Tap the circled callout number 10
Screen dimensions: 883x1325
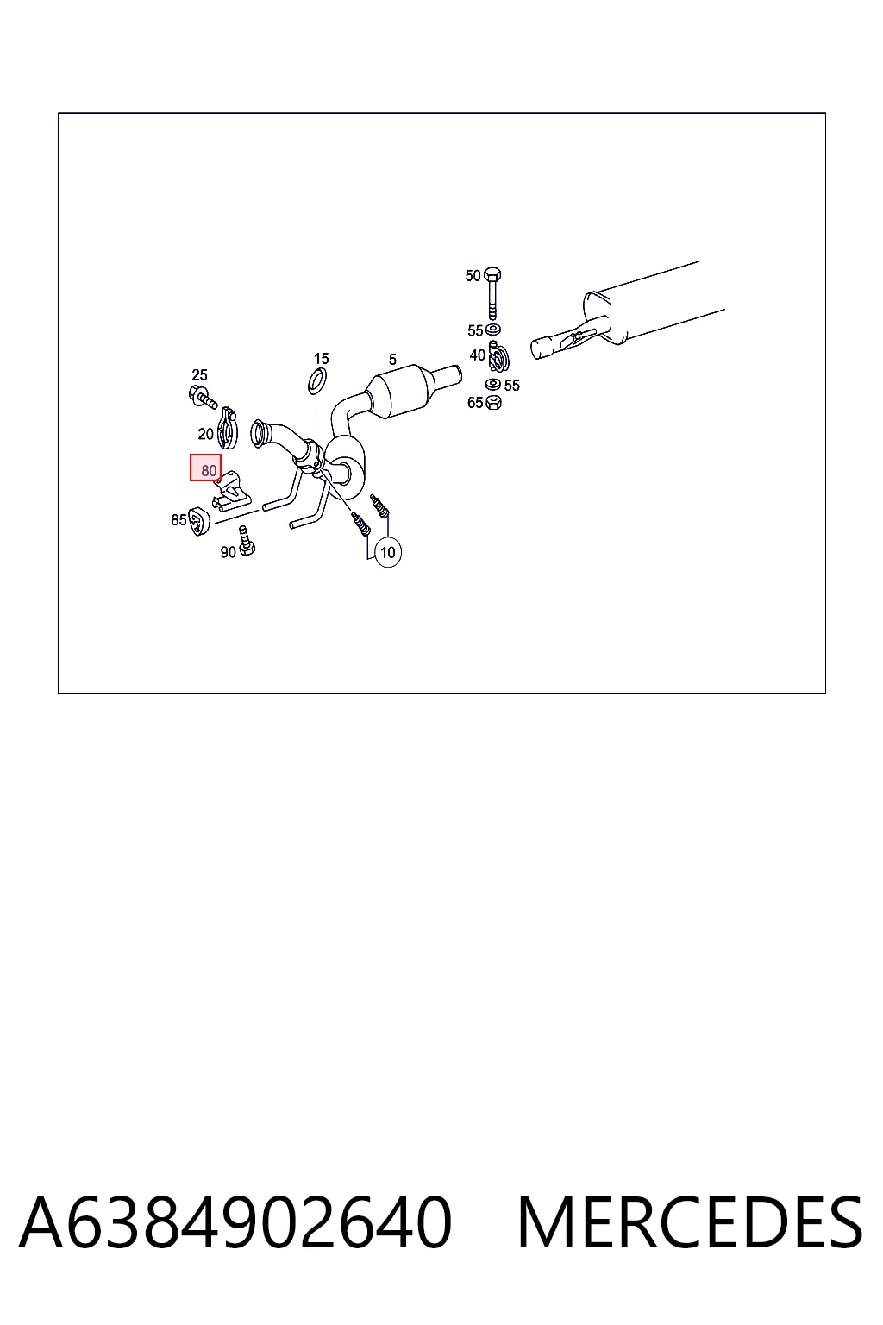point(387,552)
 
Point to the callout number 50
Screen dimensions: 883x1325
point(473,276)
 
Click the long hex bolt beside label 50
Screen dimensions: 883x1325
point(492,293)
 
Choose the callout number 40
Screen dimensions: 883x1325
point(477,355)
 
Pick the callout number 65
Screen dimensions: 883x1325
point(475,403)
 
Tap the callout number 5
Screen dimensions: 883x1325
point(392,360)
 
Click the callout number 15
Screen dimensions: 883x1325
point(321,359)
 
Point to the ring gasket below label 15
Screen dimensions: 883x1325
point(317,381)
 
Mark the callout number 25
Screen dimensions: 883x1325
point(199,375)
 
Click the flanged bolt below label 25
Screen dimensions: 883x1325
point(203,396)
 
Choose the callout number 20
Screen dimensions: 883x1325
point(205,434)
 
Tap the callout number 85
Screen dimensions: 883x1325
point(178,520)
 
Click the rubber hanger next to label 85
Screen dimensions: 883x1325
point(200,521)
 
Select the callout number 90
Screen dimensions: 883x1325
point(228,552)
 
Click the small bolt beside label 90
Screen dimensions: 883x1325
point(246,541)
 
